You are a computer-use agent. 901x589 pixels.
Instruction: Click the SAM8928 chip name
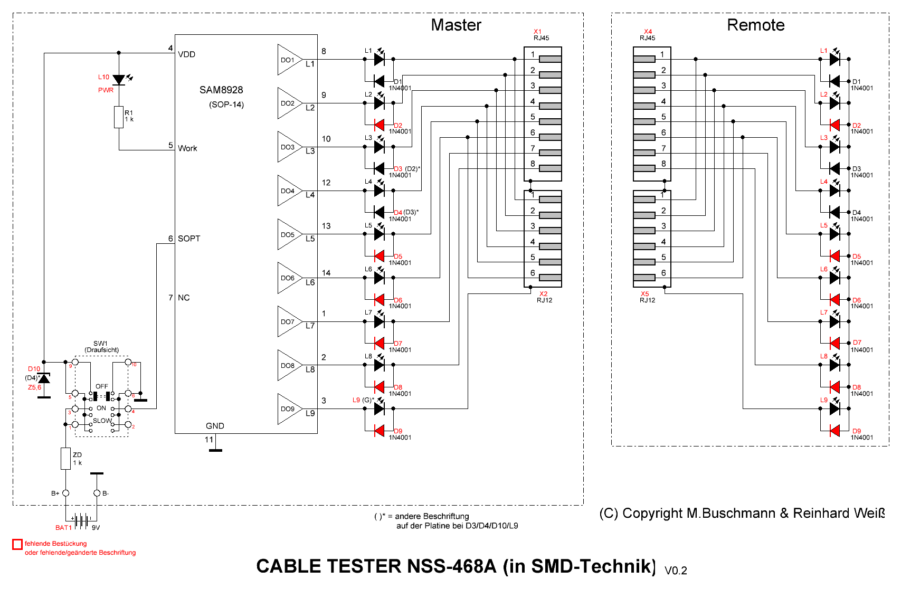(221, 90)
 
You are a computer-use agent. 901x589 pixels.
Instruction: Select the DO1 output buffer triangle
(288, 60)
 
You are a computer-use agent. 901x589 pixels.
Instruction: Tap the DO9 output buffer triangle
(288, 409)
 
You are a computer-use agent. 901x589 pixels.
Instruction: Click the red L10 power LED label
(103, 77)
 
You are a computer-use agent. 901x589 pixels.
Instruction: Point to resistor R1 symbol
(119, 117)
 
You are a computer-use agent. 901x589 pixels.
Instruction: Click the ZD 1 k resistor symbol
(65, 459)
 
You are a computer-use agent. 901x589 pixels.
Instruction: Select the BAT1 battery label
(63, 527)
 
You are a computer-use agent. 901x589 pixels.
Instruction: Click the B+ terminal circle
(65, 493)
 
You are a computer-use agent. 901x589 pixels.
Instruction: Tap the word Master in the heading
(456, 25)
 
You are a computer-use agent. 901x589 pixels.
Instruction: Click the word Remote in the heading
(755, 25)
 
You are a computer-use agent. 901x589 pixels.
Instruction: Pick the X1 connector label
(537, 32)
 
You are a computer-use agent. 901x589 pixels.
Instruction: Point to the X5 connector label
(644, 294)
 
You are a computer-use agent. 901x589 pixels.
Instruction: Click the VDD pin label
(187, 54)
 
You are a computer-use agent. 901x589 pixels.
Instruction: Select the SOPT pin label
(189, 239)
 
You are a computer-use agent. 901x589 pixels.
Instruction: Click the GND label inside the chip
(215, 426)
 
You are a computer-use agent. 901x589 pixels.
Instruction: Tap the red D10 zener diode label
(34, 369)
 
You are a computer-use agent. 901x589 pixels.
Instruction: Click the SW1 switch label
(100, 344)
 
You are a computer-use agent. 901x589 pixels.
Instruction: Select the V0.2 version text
(676, 571)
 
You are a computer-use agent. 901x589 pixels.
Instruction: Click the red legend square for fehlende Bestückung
(17, 544)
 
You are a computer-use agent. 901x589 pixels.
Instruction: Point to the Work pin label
(187, 148)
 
